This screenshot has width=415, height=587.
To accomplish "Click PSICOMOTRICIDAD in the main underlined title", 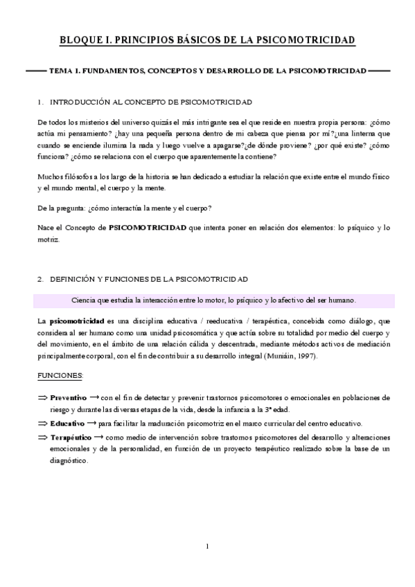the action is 305,41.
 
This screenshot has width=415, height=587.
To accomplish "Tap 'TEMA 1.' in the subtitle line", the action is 64,71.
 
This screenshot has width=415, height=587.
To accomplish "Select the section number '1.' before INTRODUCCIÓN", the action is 41,102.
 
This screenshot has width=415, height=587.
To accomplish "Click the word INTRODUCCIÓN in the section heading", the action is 80,102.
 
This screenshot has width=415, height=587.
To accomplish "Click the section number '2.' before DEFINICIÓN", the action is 41,279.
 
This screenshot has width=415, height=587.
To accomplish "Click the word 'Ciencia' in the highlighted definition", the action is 86,300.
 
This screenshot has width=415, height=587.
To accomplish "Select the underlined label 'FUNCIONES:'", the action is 60,375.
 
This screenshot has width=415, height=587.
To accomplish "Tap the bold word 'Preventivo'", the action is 68,398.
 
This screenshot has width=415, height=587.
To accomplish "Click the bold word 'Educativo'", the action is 67,423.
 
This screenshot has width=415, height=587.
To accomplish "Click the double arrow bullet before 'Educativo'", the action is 42,423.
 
